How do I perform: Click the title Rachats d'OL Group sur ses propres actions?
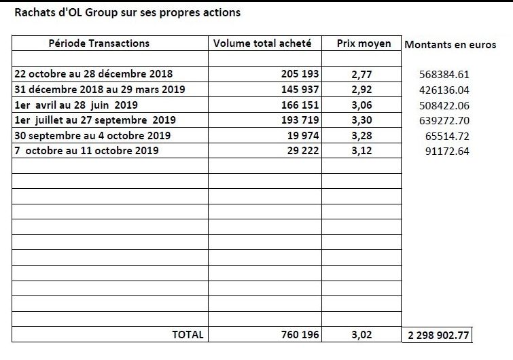pyautogui.click(x=128, y=12)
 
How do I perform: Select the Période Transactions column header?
pyautogui.click(x=99, y=43)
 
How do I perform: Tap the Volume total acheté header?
pyautogui.click(x=262, y=43)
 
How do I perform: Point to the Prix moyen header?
pyautogui.click(x=364, y=44)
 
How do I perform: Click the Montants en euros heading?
pyautogui.click(x=450, y=44)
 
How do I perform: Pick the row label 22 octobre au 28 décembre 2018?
pyautogui.click(x=94, y=73)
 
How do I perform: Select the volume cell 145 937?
pyautogui.click(x=300, y=89)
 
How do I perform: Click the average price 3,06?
pyautogui.click(x=362, y=105)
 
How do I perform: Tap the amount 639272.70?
pyautogui.click(x=444, y=121)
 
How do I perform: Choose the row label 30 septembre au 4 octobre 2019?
pyautogui.click(x=92, y=136)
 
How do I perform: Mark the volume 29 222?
pyautogui.click(x=303, y=150)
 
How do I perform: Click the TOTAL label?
pyautogui.click(x=188, y=334)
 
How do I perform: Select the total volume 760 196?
pyautogui.click(x=300, y=334)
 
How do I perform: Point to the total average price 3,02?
pyautogui.click(x=362, y=335)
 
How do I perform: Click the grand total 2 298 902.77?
pyautogui.click(x=438, y=335)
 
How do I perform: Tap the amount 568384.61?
pyautogui.click(x=444, y=75)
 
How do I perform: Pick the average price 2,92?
pyautogui.click(x=362, y=90)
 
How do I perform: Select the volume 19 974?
pyautogui.click(x=303, y=135)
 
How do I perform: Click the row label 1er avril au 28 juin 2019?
pyautogui.click(x=76, y=105)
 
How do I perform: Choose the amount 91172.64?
pyautogui.click(x=447, y=151)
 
